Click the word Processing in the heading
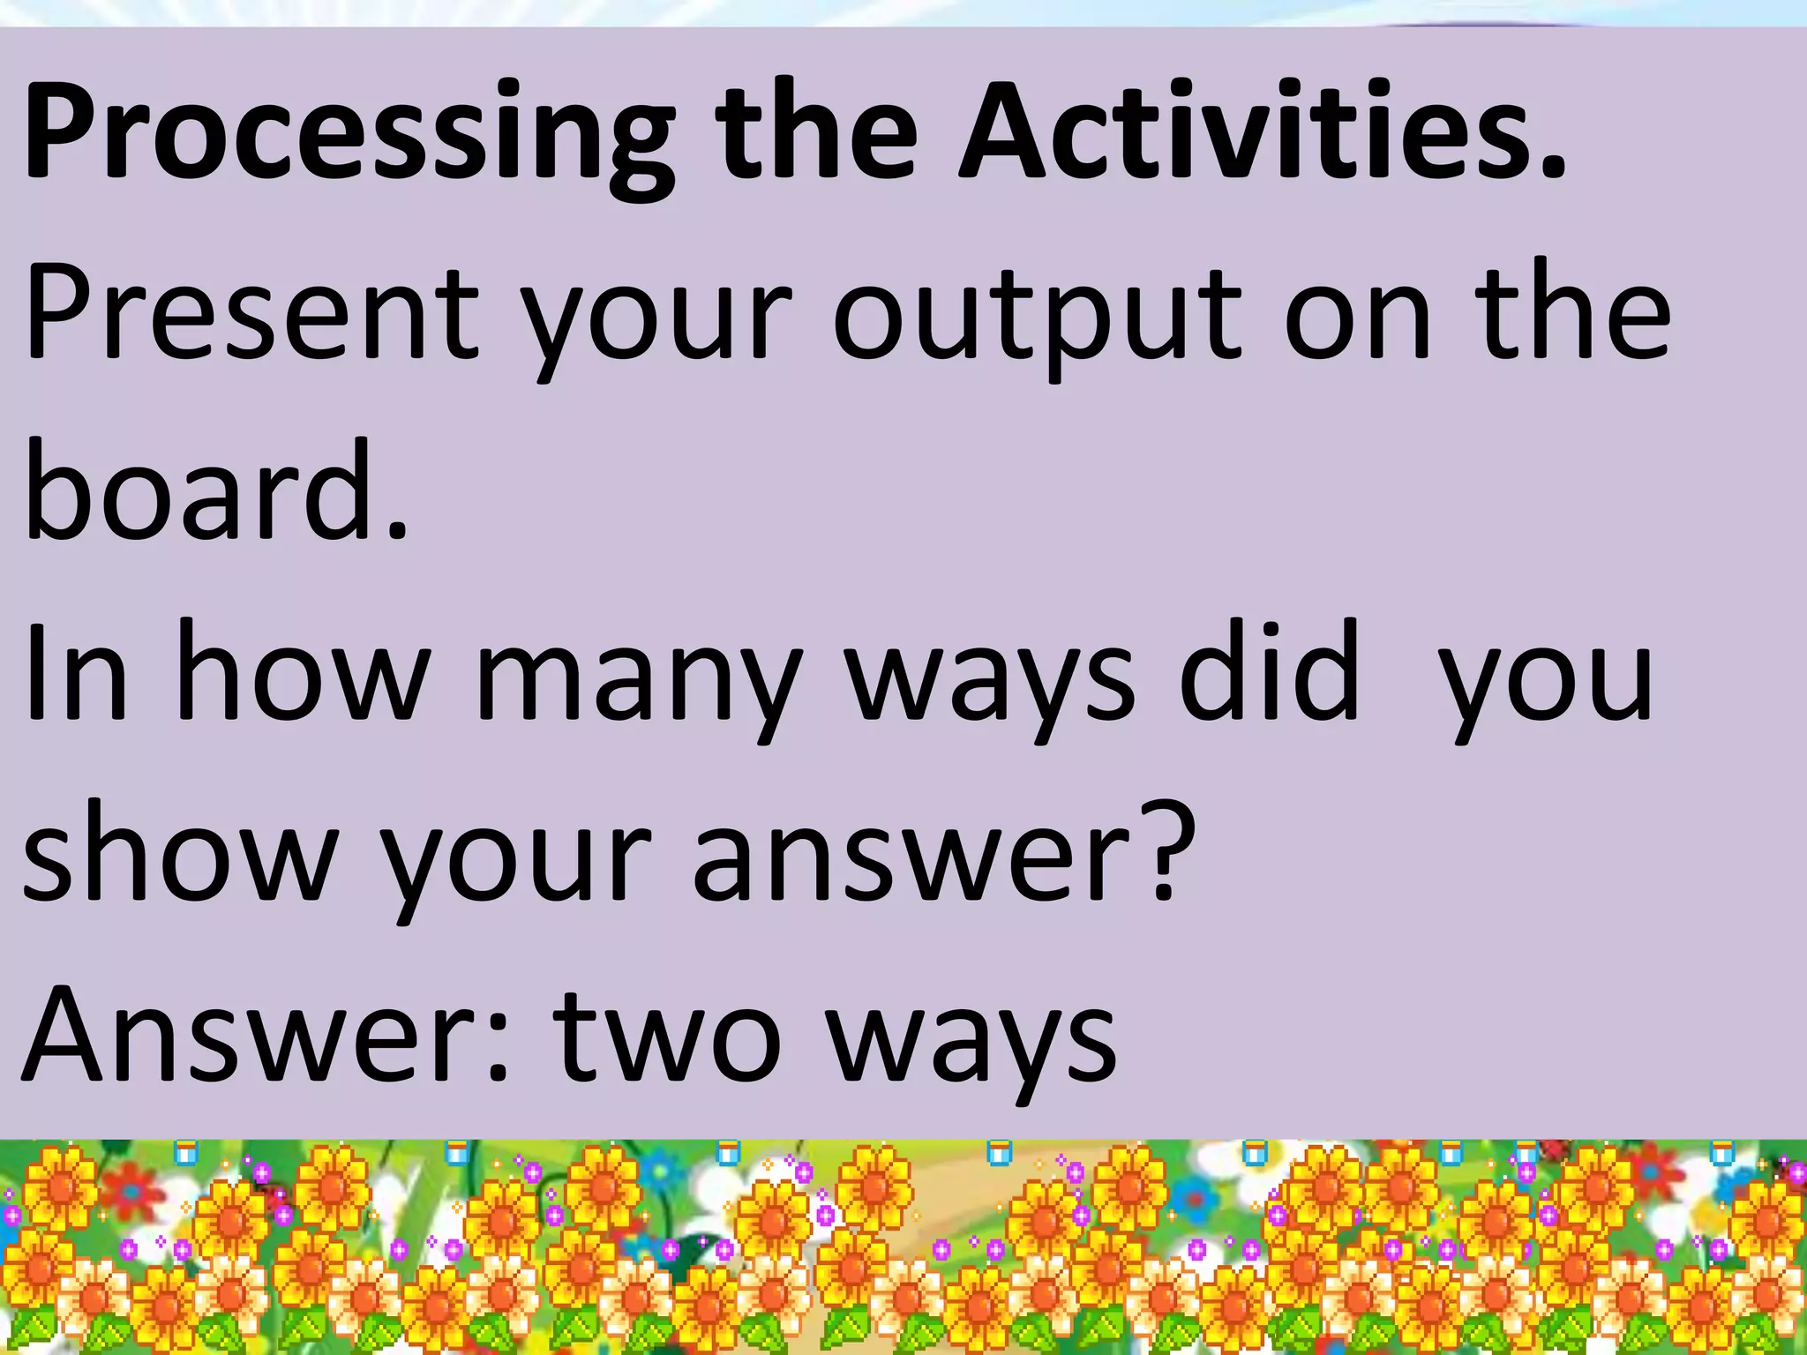click(349, 132)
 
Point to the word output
click(1038, 318)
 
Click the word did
click(1271, 675)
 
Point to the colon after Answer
click(498, 1045)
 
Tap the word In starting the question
click(76, 675)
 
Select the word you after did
click(1545, 684)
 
